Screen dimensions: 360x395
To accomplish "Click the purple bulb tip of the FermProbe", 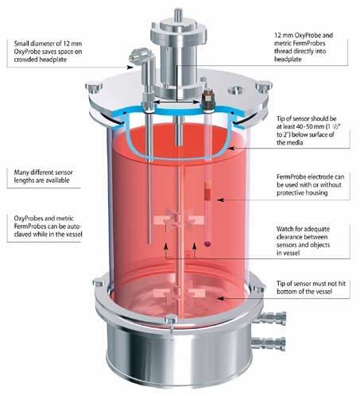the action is point(207,243).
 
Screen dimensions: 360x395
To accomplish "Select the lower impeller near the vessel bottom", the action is point(179,294).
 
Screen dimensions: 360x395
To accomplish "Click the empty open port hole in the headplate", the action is point(236,91).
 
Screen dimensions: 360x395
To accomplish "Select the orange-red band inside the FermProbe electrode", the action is point(208,190).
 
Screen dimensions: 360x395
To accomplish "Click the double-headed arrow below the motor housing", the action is point(176,102).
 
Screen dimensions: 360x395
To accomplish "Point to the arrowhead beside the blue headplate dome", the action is point(231,149).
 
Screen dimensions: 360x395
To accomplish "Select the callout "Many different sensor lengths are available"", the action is point(44,176).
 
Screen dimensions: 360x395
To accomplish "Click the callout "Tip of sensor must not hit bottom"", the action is point(311,288).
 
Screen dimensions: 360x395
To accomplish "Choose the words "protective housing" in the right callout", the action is point(302,193).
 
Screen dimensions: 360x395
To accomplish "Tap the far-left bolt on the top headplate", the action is point(94,87).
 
